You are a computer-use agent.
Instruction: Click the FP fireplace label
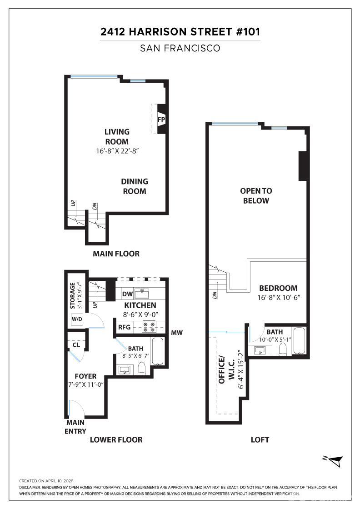pyautogui.click(x=161, y=120)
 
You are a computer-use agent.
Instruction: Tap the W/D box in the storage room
pyautogui.click(x=77, y=319)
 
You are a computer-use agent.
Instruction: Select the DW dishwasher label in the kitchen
pyautogui.click(x=128, y=294)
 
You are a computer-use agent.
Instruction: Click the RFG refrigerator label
pyautogui.click(x=125, y=327)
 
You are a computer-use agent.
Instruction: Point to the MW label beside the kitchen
pyautogui.click(x=177, y=333)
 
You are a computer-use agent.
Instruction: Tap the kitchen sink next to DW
pyautogui.click(x=141, y=294)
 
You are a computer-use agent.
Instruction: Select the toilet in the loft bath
pyautogui.click(x=283, y=349)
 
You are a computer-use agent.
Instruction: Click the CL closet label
pyautogui.click(x=76, y=345)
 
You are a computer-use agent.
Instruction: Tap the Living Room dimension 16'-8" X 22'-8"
pyautogui.click(x=118, y=151)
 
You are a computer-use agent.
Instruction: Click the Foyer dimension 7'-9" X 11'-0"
pyautogui.click(x=86, y=384)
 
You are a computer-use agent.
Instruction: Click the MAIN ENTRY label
pyautogui.click(x=75, y=427)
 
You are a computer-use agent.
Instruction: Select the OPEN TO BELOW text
pyautogui.click(x=256, y=195)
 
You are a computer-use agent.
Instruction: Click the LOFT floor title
pyautogui.click(x=260, y=439)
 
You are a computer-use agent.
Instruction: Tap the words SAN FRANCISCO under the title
pyautogui.click(x=180, y=48)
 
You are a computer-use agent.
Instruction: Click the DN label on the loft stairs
pyautogui.click(x=215, y=295)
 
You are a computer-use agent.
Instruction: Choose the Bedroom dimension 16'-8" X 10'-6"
pyautogui.click(x=279, y=297)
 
